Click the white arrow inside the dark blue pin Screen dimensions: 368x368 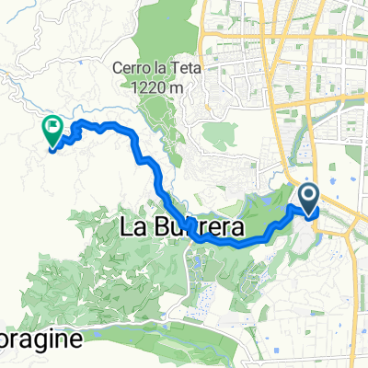pos(308,194)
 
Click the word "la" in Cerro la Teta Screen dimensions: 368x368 pos(158,67)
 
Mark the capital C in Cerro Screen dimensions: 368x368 pos(116,67)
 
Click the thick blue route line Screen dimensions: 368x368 pos(147,164)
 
